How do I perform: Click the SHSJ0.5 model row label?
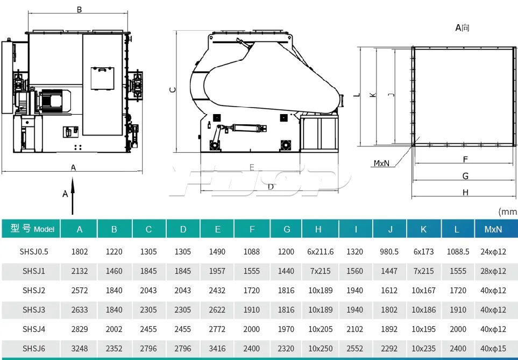34,252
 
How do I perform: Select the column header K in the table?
423,229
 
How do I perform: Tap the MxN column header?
493,229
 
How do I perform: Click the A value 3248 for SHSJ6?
80,349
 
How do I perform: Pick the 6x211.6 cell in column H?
320,252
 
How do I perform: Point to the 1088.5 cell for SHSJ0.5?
458,252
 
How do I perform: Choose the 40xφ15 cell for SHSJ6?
493,349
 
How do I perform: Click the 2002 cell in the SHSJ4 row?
114,329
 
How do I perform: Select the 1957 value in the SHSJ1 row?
217,271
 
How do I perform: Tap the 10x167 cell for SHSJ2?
423,291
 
